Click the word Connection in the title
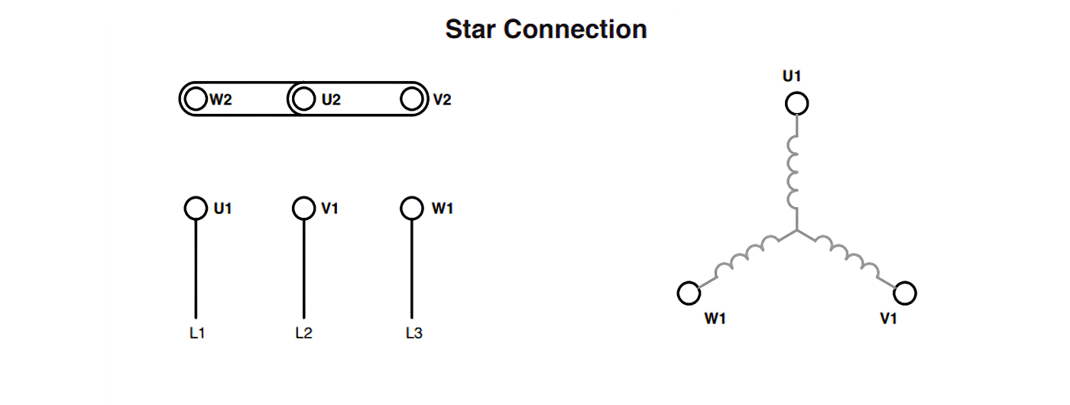pos(575,29)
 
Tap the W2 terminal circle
pos(196,99)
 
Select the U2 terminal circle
pos(304,99)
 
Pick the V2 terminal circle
pos(412,99)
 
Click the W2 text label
pos(221,99)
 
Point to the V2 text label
pos(442,99)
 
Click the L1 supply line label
pos(197,333)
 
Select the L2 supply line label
pos(304,333)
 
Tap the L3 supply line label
pos(414,333)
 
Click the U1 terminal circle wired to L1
pos(196,208)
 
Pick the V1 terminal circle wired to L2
pos(304,208)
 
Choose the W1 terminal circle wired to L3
pos(412,208)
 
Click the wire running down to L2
pos(304,269)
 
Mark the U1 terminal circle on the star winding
pos(796,104)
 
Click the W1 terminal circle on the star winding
pos(689,293)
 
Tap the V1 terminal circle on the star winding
pos(905,293)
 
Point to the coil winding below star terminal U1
pos(793,173)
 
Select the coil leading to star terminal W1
pos(747,255)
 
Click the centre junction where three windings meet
pos(796,231)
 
